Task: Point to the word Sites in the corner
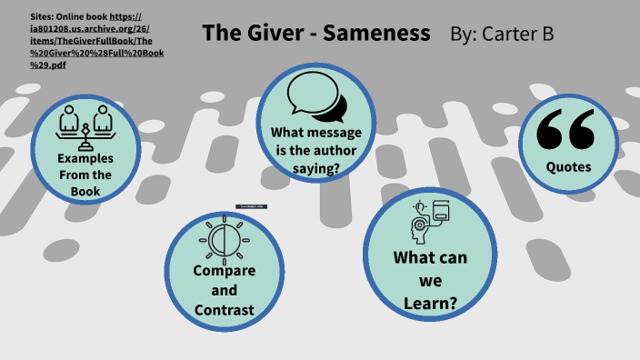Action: click(45, 17)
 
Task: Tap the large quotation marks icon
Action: click(565, 129)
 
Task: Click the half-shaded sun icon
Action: click(224, 239)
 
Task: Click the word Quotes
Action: click(569, 167)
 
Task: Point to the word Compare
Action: click(224, 270)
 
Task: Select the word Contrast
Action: click(224, 312)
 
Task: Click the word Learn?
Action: click(430, 303)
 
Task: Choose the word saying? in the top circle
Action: click(316, 168)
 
